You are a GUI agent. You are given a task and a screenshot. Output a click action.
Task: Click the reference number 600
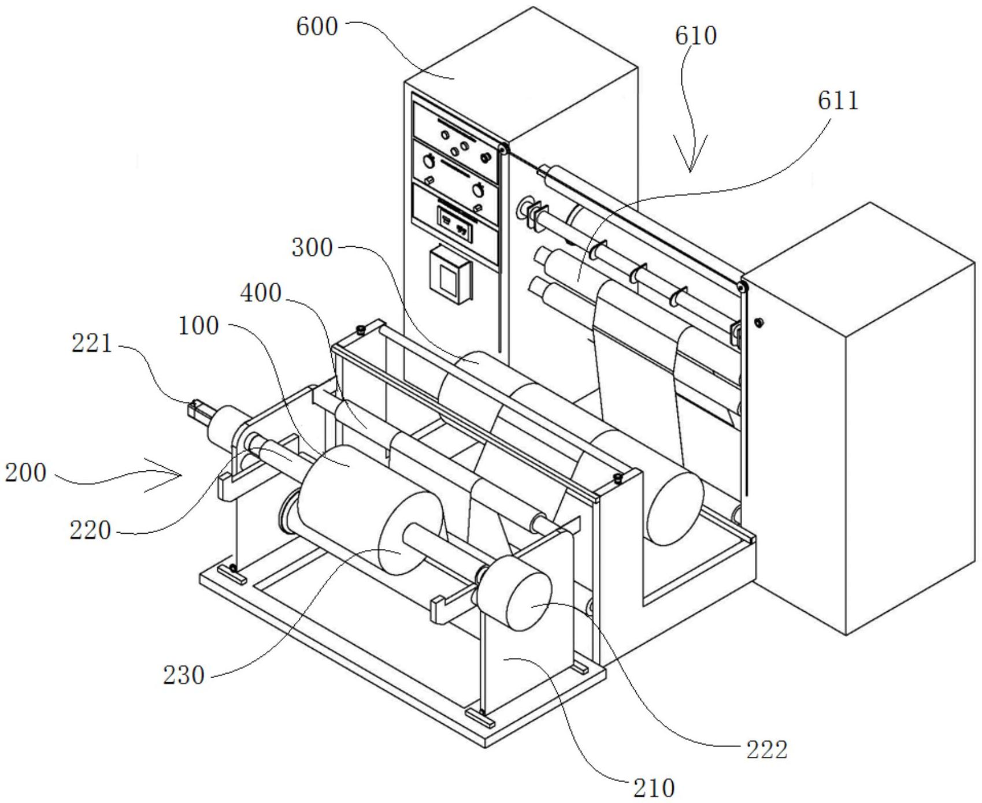click(317, 27)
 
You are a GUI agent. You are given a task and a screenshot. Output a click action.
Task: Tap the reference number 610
click(696, 36)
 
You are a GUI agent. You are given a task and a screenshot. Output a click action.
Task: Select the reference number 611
click(838, 101)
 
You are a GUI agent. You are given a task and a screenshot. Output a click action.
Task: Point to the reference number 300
click(312, 248)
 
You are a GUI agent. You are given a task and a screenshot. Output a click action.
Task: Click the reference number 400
click(261, 293)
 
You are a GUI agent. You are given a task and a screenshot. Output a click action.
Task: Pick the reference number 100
click(199, 326)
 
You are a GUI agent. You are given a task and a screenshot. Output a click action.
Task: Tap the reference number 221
click(92, 344)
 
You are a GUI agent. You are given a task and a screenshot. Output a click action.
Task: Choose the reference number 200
click(25, 473)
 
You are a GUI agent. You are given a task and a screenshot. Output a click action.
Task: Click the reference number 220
click(90, 530)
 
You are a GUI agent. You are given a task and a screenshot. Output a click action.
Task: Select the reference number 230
click(184, 675)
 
